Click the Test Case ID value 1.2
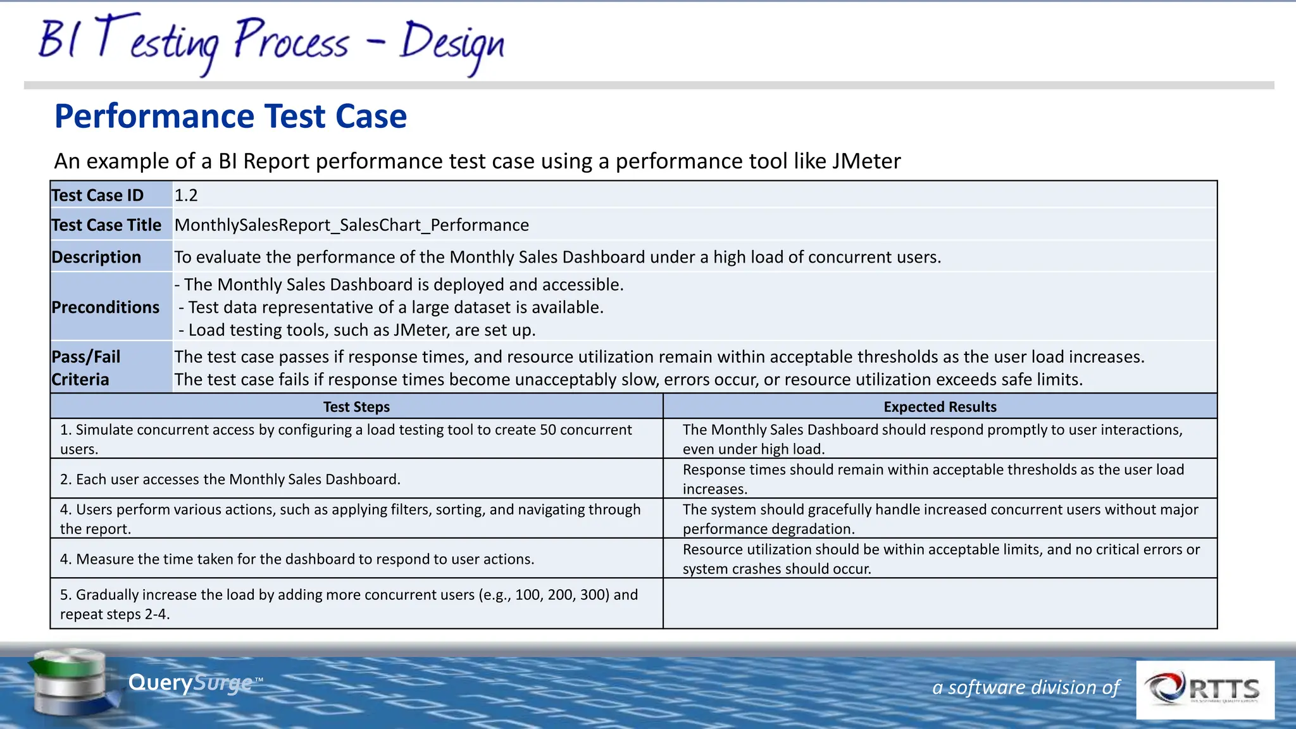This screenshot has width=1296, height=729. click(186, 196)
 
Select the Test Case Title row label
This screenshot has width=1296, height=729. click(106, 225)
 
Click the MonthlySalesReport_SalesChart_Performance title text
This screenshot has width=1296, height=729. click(351, 225)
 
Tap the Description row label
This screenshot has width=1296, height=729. click(96, 257)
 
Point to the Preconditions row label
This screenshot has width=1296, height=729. click(105, 308)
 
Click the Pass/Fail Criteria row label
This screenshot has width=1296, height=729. click(86, 368)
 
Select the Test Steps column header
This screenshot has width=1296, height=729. click(356, 407)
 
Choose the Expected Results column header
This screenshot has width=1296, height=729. click(940, 407)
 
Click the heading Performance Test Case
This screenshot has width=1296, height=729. click(230, 116)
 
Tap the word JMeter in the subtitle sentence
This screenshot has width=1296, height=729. click(866, 161)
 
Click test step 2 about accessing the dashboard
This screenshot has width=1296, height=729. click(230, 479)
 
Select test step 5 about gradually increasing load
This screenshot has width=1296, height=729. click(348, 604)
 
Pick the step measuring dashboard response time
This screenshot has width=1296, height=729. click(297, 559)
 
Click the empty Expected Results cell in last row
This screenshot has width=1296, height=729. click(940, 604)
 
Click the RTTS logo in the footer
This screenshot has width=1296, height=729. click(1205, 690)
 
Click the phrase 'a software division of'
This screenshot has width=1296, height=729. click(1026, 687)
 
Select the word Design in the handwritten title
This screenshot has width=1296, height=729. click(452, 43)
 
